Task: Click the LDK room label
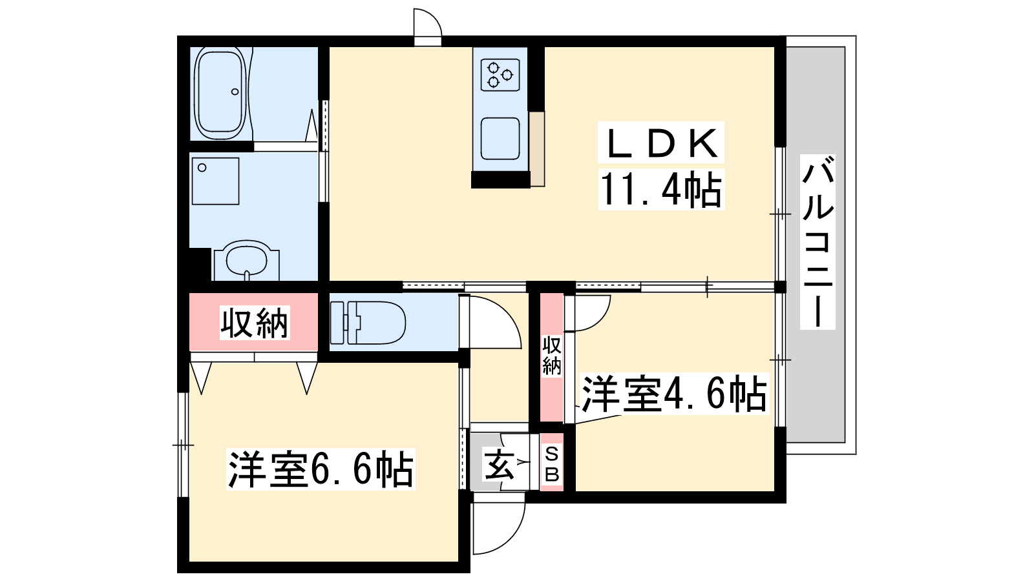coord(660,143)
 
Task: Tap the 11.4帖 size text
coord(661,190)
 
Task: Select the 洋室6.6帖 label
coord(321,469)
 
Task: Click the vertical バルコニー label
coord(818,241)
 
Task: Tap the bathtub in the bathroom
coord(220,94)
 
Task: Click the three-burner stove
coord(500,74)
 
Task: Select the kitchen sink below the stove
coord(500,138)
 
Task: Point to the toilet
coord(368,323)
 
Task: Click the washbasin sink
coord(247,261)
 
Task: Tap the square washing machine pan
coord(216,181)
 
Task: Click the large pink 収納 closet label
coord(255,323)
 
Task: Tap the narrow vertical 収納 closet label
coord(552,356)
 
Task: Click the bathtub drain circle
coord(235,91)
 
